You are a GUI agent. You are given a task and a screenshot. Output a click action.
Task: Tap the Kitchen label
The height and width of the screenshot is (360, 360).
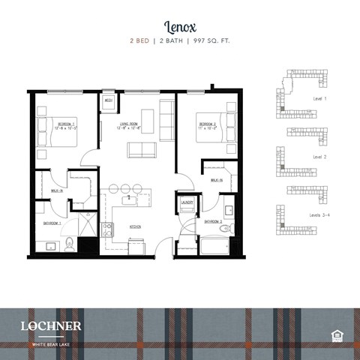(x=136, y=226)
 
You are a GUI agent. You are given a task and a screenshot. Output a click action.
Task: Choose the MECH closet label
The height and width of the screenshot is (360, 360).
(x=108, y=100)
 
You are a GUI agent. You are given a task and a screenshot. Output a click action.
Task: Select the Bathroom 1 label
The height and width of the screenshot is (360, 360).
(x=51, y=223)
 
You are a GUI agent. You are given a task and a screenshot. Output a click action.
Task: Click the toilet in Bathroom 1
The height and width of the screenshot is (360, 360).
(x=70, y=241)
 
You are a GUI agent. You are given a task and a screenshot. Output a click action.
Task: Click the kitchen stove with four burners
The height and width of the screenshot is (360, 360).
(x=106, y=229)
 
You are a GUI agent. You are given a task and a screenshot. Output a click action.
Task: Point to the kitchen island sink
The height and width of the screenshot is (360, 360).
(x=129, y=199)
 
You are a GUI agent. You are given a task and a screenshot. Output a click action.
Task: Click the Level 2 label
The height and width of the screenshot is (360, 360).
(x=319, y=157)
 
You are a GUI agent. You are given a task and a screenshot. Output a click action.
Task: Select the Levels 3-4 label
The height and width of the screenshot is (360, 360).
(x=322, y=215)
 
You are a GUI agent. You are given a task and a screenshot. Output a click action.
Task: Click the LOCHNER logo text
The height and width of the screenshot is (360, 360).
(x=52, y=325)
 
